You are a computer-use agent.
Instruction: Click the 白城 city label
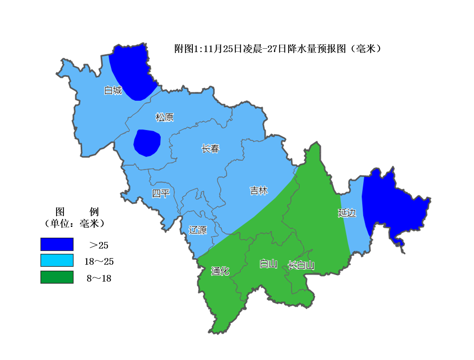[x=113, y=90]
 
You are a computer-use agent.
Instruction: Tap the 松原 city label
[x=164, y=117]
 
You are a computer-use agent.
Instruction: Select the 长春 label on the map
[x=210, y=148]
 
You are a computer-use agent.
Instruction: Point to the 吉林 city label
[x=259, y=191]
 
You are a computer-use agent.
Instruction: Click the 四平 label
[x=161, y=193]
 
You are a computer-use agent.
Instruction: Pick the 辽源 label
[x=198, y=230]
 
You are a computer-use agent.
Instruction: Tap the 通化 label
[x=220, y=271]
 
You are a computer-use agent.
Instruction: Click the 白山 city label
[x=268, y=264]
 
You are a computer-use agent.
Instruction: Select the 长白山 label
[x=301, y=265]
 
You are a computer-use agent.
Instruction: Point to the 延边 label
[x=347, y=213]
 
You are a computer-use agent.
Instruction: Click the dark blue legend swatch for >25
[x=57, y=244]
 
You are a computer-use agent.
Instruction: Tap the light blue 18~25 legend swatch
[x=57, y=261]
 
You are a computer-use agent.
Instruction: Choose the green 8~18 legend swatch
[x=57, y=277]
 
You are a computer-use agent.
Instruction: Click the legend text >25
[x=99, y=245]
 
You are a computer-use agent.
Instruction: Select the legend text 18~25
[x=99, y=261]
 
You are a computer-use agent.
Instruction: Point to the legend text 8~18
[x=99, y=278]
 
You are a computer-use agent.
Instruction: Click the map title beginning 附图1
[x=278, y=49]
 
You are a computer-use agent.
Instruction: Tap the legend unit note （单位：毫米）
[x=75, y=223]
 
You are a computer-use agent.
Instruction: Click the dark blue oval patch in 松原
[x=147, y=143]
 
